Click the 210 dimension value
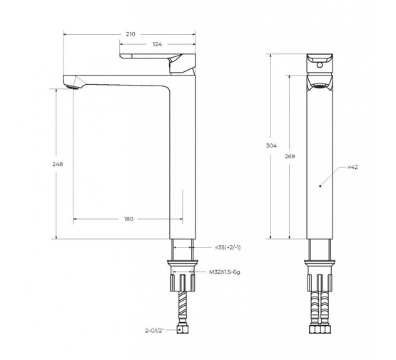pos(131,34)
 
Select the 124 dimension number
pos(156,44)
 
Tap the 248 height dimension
pos(58,164)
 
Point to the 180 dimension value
pos(129,218)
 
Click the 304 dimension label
pos(271,145)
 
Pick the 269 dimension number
pos(289,155)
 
